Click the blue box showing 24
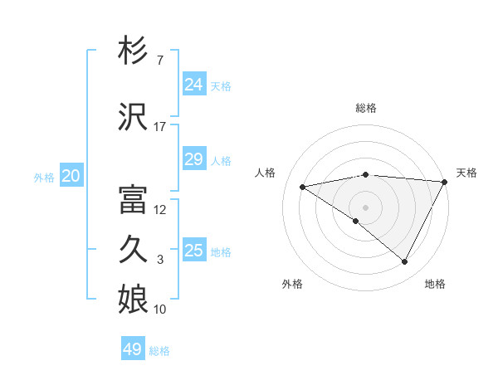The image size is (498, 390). (193, 85)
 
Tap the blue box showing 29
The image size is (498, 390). (193, 159)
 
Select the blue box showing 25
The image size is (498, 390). (193, 251)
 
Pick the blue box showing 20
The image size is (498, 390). (71, 176)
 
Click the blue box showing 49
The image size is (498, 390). (133, 349)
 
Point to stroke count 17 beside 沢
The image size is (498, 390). (159, 127)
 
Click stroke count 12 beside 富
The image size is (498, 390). (160, 210)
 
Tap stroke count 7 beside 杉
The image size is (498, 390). (159, 61)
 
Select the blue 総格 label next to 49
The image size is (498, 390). (159, 351)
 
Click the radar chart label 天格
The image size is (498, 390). (466, 173)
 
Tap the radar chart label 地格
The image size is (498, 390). (435, 284)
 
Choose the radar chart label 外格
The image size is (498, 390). (292, 284)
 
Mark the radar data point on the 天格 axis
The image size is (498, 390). (445, 182)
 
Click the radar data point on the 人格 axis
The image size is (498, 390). (303, 187)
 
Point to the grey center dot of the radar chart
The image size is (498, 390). (365, 207)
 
